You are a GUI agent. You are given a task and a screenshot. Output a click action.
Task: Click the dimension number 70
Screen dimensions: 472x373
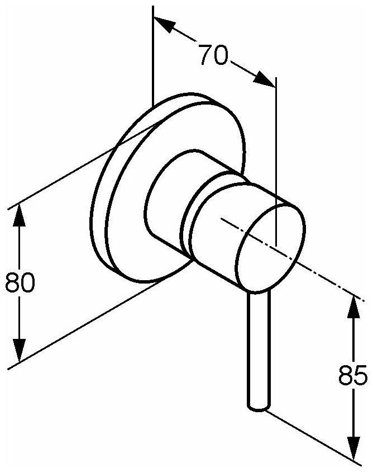click(213, 55)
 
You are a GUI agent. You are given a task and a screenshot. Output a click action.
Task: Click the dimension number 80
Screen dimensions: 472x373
click(20, 284)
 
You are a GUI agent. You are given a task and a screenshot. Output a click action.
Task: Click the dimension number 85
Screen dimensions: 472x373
click(353, 375)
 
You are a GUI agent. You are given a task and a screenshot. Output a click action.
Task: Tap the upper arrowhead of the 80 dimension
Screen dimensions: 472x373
click(20, 216)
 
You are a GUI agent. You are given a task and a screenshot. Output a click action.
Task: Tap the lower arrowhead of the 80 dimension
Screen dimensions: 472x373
click(20, 351)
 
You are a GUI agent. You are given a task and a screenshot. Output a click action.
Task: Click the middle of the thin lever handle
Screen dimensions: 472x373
click(259, 347)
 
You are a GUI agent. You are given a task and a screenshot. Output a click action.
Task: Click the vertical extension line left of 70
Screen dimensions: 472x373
click(152, 56)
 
